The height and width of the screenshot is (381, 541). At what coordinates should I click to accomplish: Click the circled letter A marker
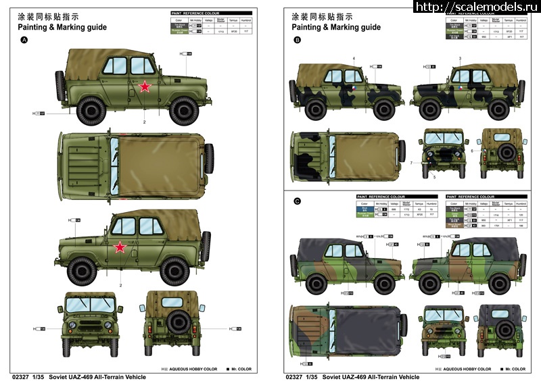pos(25,41)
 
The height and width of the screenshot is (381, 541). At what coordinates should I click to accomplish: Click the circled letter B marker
pos(298,41)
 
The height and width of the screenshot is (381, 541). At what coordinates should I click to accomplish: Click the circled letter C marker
pos(298,201)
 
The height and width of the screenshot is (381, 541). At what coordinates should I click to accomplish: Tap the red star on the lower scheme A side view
pos(120,247)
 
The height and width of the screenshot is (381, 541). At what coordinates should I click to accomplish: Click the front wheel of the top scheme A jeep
pos(182,109)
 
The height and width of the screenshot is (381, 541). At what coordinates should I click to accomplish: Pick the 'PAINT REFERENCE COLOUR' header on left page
pos(195,13)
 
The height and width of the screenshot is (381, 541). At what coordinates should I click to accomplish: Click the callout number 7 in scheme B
pos(410,163)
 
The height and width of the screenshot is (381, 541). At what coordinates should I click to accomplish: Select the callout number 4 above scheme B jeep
pos(353,59)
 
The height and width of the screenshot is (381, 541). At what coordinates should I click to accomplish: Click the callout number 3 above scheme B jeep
pos(460,59)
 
